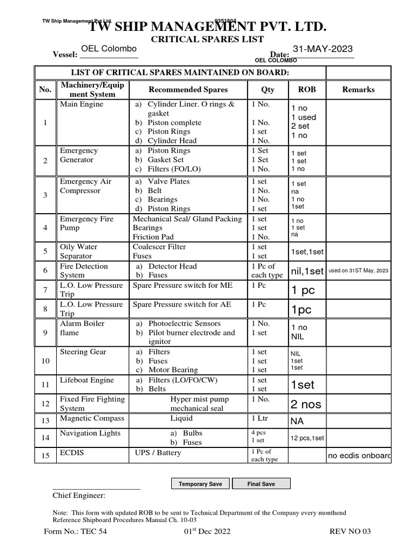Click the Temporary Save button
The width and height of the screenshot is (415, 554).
200,484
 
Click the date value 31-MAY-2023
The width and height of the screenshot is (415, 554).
323,49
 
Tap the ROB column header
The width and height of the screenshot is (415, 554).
306,89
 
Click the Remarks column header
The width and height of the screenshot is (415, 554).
358,89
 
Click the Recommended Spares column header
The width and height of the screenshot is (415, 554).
188,89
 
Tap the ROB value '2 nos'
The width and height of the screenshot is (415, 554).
306,404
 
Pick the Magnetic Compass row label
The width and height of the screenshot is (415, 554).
91,418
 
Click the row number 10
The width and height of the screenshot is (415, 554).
45,360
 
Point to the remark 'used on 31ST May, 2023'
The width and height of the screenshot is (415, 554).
358,271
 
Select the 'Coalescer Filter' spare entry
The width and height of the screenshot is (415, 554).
159,247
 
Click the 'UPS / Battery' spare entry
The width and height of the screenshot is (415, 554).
158,452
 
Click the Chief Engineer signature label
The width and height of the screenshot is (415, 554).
79,496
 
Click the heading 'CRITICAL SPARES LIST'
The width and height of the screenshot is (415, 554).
207,39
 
